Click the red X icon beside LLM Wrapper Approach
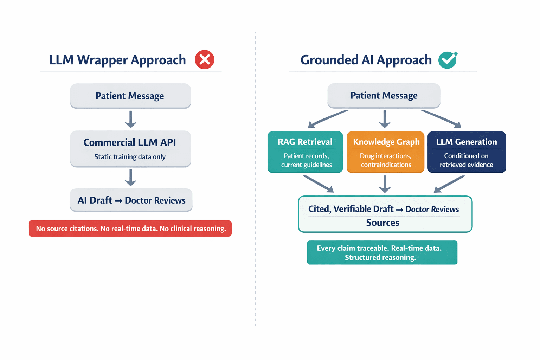click(x=204, y=60)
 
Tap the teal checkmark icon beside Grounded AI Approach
click(x=448, y=60)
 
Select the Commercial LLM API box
click(x=130, y=148)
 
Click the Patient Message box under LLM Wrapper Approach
click(x=130, y=96)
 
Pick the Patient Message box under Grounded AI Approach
click(x=384, y=95)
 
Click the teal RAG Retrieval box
click(x=305, y=152)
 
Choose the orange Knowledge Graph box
click(x=386, y=152)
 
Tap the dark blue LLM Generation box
click(x=467, y=152)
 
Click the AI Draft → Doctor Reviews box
click(x=131, y=200)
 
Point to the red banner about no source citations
click(x=130, y=229)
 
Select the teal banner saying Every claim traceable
click(x=382, y=252)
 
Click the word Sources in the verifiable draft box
click(x=382, y=223)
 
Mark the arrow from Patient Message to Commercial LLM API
click(x=130, y=119)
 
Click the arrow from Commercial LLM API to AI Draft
click(x=130, y=178)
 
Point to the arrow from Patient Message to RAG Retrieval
click(x=328, y=118)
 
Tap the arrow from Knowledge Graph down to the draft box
click(x=385, y=184)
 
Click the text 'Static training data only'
click(x=130, y=157)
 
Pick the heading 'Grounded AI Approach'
click(x=366, y=60)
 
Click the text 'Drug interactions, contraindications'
click(x=386, y=160)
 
